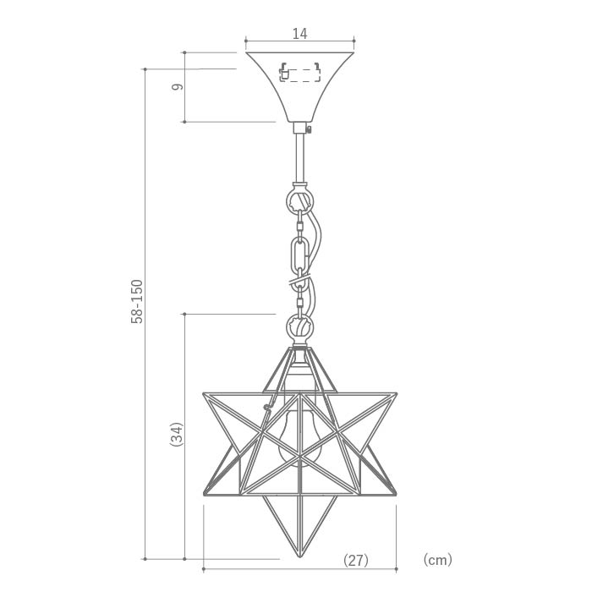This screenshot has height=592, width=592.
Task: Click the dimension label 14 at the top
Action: (299, 34)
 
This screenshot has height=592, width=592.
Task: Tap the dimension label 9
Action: (177, 87)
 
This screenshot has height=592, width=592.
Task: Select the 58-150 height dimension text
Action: (137, 301)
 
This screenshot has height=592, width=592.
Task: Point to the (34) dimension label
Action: (177, 434)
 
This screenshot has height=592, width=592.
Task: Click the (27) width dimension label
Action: (356, 560)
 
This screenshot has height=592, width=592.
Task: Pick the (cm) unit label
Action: (437, 559)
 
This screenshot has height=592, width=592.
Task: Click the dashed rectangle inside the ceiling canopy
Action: (300, 74)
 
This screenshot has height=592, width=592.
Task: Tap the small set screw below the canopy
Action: (310, 129)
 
